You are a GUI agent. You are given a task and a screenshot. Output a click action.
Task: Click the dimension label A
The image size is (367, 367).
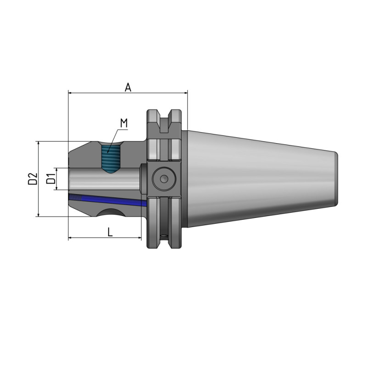(x=128, y=87)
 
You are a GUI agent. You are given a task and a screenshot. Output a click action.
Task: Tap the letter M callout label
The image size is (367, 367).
(x=123, y=123)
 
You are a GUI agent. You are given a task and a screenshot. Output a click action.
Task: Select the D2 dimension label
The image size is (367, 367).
(x=32, y=179)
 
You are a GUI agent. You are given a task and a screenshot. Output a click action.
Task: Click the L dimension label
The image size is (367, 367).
(x=110, y=232)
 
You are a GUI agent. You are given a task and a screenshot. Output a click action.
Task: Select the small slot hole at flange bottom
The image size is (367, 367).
(x=164, y=236)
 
